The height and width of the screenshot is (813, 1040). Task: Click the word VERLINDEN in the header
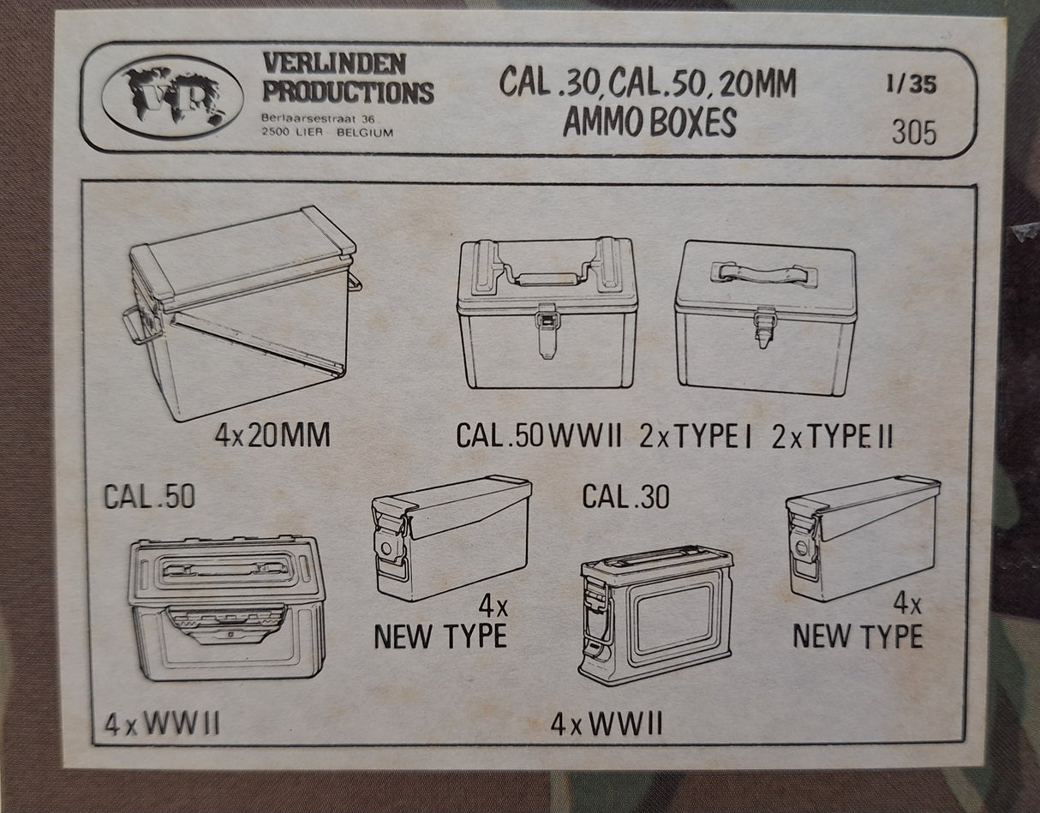click(x=334, y=64)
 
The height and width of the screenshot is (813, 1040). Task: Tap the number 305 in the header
click(x=914, y=133)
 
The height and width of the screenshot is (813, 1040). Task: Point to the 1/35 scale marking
click(x=911, y=84)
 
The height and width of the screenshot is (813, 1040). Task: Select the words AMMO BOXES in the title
click(x=649, y=123)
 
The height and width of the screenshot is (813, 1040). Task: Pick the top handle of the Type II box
click(x=764, y=273)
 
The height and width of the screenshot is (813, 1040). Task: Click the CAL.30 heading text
click(x=625, y=496)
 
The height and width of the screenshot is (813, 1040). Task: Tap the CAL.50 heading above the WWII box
click(x=150, y=496)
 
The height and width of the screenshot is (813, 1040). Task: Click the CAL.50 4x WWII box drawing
click(x=226, y=607)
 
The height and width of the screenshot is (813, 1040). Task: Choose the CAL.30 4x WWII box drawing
click(x=656, y=616)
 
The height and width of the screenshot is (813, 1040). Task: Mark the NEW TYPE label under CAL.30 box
click(x=858, y=636)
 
